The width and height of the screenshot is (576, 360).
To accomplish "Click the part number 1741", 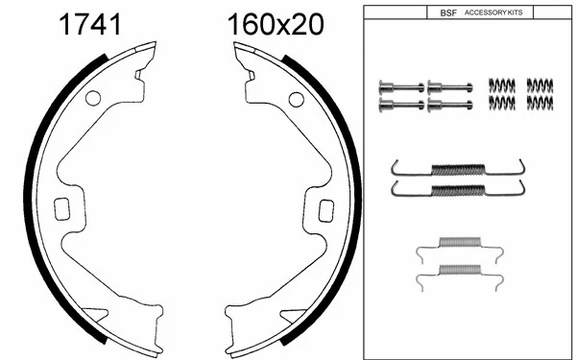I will point(90,24).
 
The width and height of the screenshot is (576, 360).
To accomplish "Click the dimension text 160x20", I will point(276,24).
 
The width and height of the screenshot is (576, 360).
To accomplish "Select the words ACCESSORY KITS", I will point(494,12).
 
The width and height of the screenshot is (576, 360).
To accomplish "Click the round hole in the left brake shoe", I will point(93,98).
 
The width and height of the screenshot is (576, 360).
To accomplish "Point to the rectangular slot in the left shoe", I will point(64,207).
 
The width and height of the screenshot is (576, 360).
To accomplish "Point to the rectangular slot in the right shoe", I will point(325,207).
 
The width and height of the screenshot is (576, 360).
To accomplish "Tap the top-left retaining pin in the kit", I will point(401,87).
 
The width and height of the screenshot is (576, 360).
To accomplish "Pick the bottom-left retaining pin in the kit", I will point(401,103).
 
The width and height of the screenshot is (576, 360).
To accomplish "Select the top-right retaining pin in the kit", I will point(447,87).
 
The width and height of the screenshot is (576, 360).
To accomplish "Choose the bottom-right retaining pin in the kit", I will point(447,103).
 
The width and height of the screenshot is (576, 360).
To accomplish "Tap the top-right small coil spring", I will point(540,85).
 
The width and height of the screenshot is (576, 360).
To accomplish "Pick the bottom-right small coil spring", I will point(540,101).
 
